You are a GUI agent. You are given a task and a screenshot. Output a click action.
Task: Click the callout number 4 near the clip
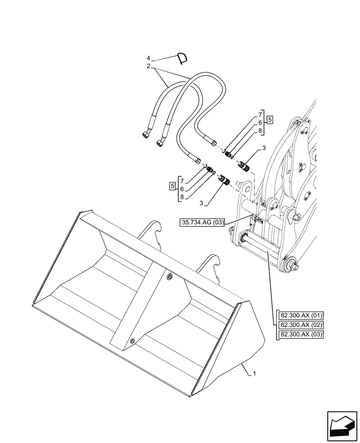(x=149, y=58)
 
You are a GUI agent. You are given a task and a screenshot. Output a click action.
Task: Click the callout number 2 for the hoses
(x=149, y=66)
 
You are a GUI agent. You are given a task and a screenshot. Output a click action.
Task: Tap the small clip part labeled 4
(x=182, y=58)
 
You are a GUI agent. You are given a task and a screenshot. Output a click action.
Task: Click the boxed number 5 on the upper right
(x=270, y=120)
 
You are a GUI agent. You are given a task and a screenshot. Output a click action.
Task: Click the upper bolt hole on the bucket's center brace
(x=170, y=276)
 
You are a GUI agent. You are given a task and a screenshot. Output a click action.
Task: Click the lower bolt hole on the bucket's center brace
(x=132, y=341)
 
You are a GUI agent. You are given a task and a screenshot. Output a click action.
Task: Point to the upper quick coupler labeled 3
(x=245, y=167)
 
